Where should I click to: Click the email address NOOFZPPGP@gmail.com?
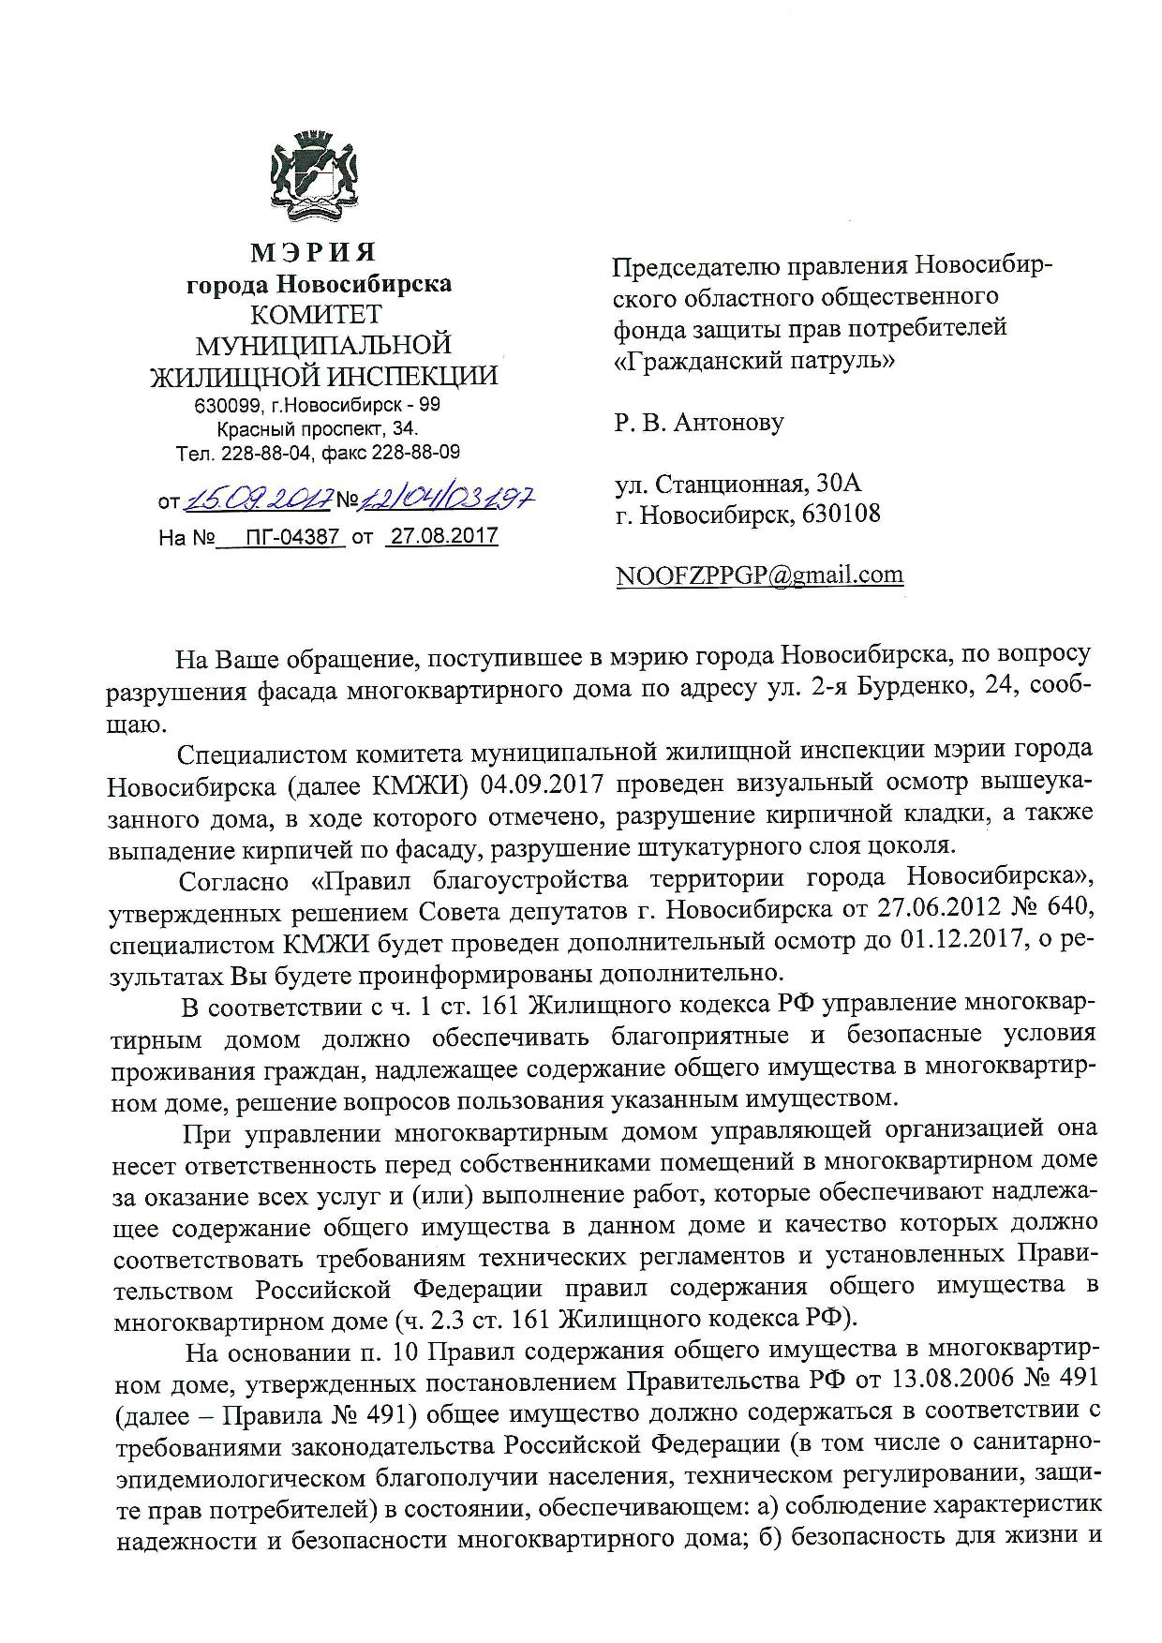tap(759, 575)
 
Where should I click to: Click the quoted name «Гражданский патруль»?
tap(753, 360)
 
